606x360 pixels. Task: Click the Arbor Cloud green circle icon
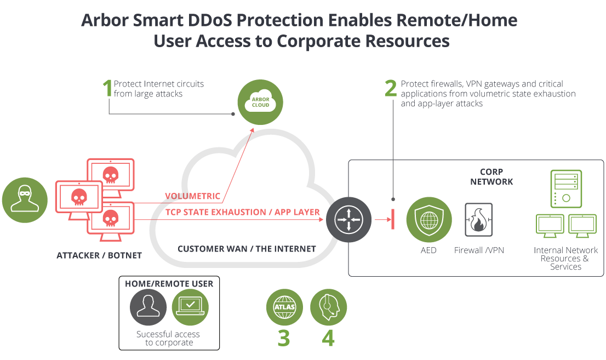coord(260,102)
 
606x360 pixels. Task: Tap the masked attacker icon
coord(25,200)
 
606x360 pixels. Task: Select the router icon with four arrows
coord(348,220)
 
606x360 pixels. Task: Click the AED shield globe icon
coord(429,220)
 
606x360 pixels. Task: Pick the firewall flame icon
coord(478,220)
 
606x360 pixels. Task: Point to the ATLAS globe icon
coord(284,307)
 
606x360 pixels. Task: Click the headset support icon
coord(329,307)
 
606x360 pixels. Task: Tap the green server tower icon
coord(566,188)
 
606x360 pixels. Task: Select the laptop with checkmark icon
coord(190,307)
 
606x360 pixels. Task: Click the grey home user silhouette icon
coord(148,307)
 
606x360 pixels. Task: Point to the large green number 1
coord(107,88)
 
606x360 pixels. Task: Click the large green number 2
coord(391,88)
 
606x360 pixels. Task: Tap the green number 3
coord(284,338)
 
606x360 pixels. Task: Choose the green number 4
coord(328,338)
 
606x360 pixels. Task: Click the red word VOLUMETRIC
coord(192,196)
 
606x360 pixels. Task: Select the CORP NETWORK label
coord(491,177)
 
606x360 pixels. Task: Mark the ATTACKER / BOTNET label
coord(99,255)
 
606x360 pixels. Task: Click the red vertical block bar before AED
coord(393,219)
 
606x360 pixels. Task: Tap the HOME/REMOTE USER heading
coord(169,284)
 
